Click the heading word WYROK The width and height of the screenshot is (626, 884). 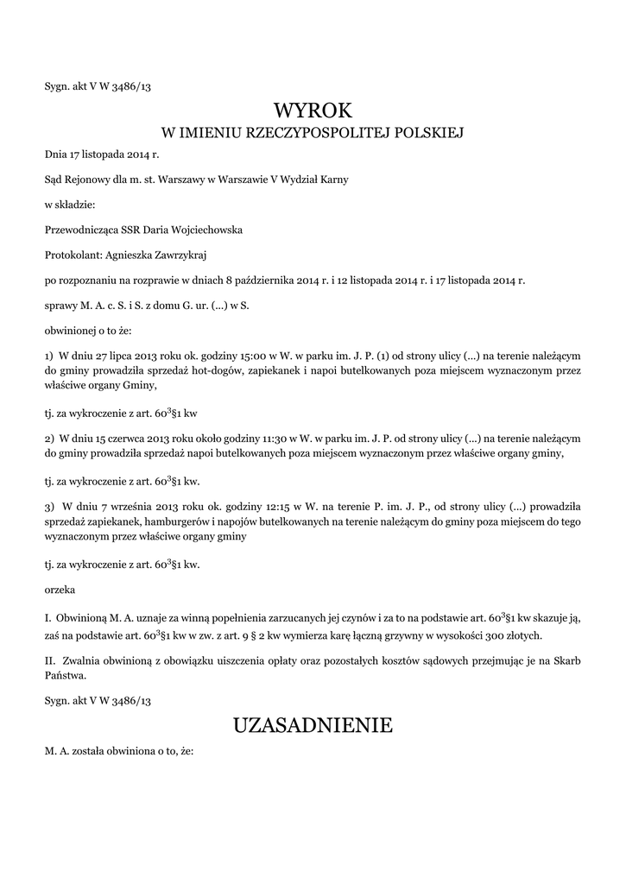coord(313,110)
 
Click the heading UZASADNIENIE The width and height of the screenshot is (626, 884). coord(313,726)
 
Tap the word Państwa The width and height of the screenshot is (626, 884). coord(66,677)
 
